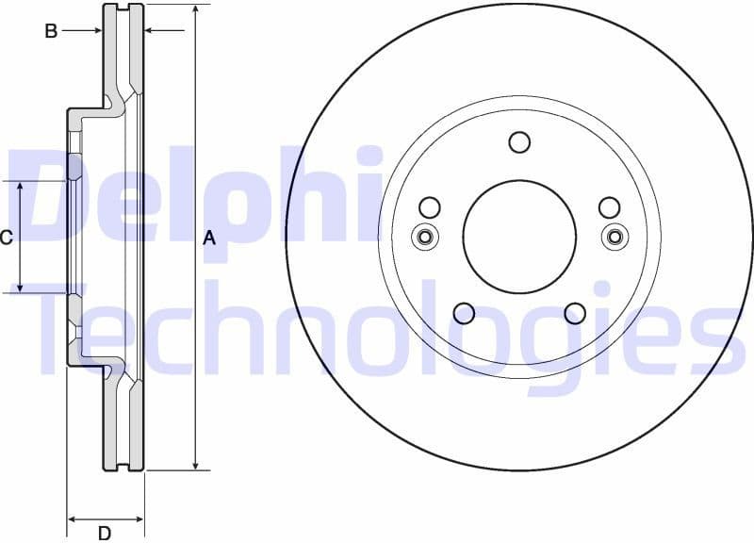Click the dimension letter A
(209, 239)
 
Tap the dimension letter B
(51, 31)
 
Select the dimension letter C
(7, 238)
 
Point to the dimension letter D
(105, 534)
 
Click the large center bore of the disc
(519, 237)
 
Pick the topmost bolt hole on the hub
(519, 141)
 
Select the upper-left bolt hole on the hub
(429, 207)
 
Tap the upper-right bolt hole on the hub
(610, 207)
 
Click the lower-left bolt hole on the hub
(464, 313)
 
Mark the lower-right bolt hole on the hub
(575, 313)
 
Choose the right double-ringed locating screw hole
(615, 237)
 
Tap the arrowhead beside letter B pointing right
(97, 31)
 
